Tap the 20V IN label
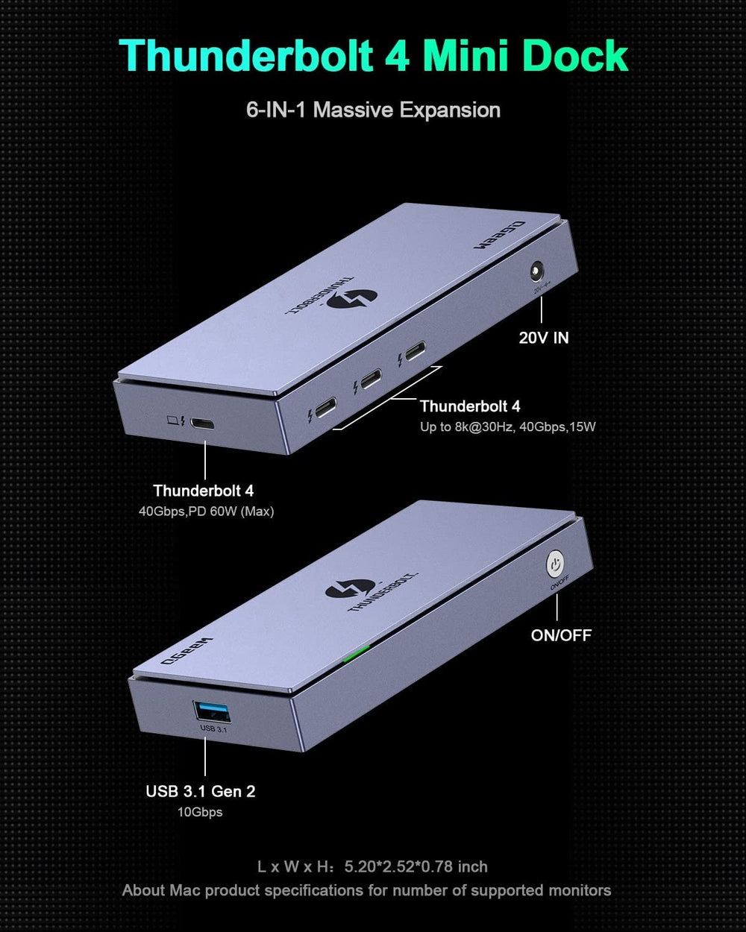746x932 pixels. [x=544, y=338]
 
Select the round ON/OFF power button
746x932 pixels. [x=555, y=564]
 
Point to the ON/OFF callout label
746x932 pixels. [x=561, y=635]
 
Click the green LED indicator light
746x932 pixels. [x=356, y=655]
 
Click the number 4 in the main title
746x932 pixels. [x=400, y=57]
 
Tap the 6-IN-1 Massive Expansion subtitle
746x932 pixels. [x=373, y=110]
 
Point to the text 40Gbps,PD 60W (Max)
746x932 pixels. [x=206, y=511]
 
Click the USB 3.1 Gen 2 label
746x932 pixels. [x=200, y=791]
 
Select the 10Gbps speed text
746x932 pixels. [x=200, y=812]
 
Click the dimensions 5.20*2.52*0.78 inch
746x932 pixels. [x=416, y=866]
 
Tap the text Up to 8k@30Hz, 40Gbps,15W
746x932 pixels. [x=507, y=427]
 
